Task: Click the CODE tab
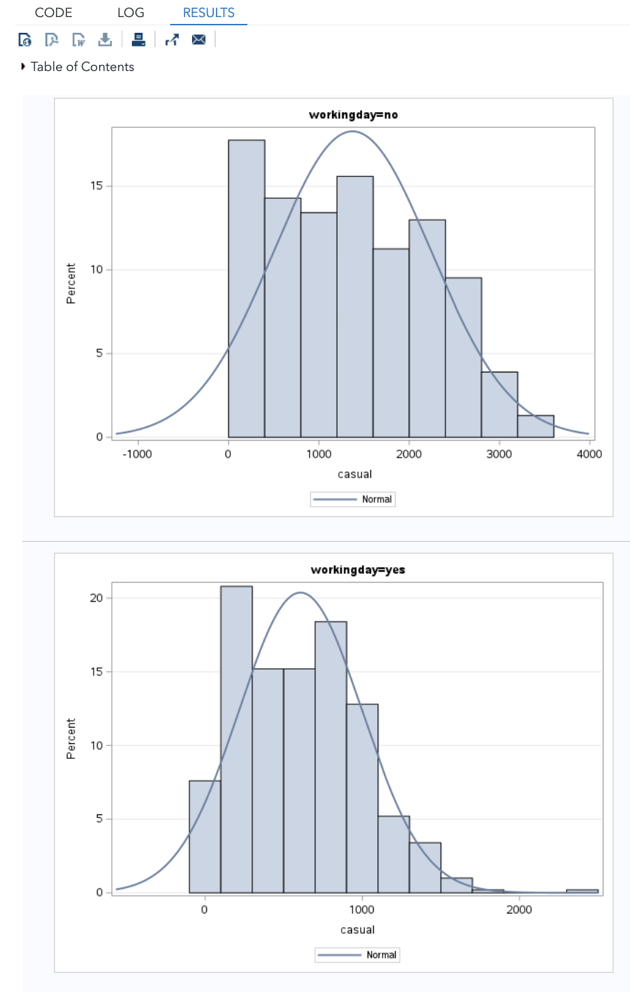tap(53, 12)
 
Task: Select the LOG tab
tap(131, 12)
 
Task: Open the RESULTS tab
tap(208, 12)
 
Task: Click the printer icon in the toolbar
tap(139, 40)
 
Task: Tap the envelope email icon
tap(199, 40)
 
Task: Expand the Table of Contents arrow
tap(23, 66)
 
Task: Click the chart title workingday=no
tap(353, 115)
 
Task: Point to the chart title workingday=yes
tap(357, 570)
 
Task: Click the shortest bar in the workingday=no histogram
tap(536, 426)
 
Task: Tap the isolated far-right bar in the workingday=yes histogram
tap(582, 891)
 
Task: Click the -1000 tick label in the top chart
tap(137, 454)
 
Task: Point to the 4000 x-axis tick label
tap(589, 454)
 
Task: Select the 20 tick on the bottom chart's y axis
tap(96, 598)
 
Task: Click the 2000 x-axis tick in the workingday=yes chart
tap(519, 909)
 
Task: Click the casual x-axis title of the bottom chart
tap(357, 930)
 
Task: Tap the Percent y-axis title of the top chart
tap(71, 283)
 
